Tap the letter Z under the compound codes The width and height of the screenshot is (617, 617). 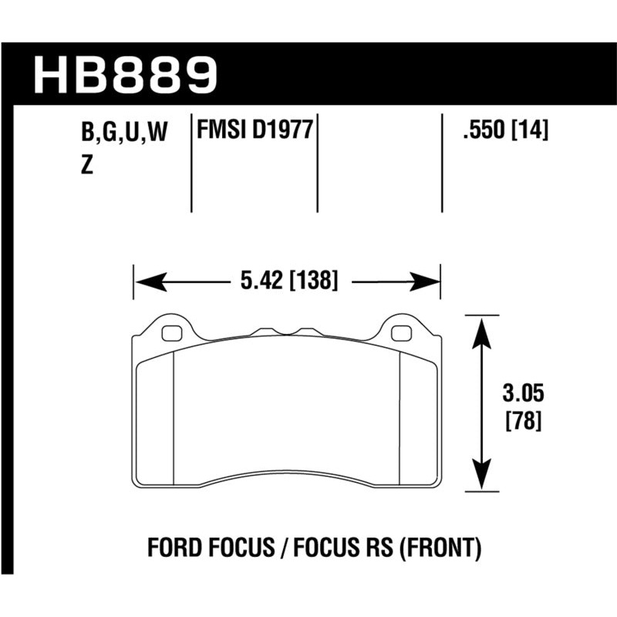(x=87, y=167)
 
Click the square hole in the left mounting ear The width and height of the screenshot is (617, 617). (x=173, y=333)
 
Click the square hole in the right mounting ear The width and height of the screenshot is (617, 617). (x=401, y=333)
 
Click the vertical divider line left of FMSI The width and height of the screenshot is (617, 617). (x=190, y=166)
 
